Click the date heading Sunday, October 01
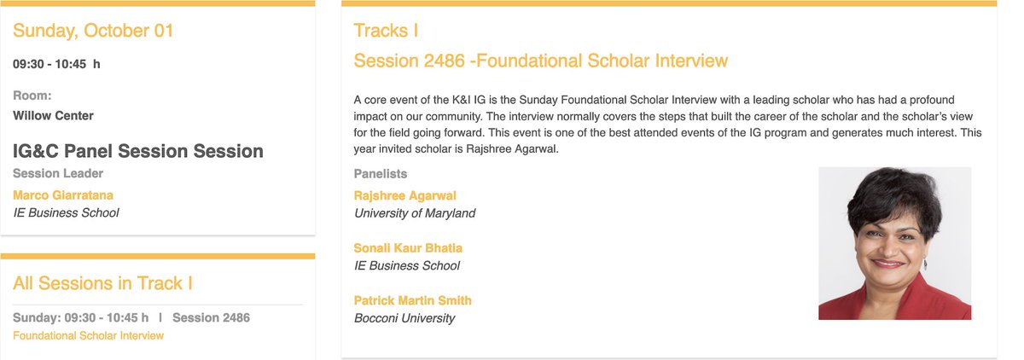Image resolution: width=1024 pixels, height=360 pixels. tap(93, 32)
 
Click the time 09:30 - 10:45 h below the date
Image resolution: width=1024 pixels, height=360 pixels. tap(56, 64)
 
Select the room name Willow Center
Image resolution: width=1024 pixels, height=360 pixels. tap(53, 115)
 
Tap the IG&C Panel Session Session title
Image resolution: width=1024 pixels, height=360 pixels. tap(138, 152)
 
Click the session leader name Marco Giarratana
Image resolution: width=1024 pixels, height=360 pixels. tap(64, 195)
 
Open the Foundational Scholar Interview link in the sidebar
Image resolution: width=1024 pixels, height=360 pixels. tap(88, 335)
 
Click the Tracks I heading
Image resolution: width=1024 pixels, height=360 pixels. tap(386, 32)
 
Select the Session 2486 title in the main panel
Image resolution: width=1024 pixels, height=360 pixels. tap(540, 61)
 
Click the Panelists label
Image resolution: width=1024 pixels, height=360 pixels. tap(381, 174)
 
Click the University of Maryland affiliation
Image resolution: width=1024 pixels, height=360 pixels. tap(415, 213)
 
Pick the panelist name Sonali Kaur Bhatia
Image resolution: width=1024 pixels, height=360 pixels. tap(408, 248)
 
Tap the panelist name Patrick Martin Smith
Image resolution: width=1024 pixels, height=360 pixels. tap(412, 300)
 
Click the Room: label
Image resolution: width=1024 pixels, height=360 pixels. tap(32, 96)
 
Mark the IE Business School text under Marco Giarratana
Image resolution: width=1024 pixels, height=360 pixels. tap(66, 213)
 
